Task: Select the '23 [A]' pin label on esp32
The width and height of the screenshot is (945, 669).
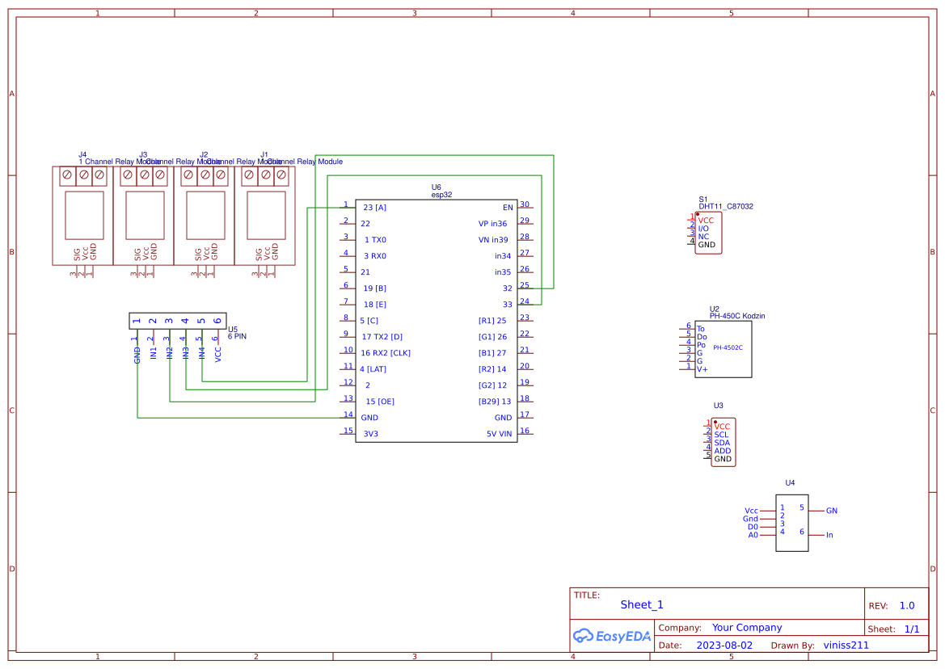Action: [x=374, y=208]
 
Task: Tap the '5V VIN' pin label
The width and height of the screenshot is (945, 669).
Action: [x=499, y=434]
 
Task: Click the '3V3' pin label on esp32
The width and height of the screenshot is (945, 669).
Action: [x=370, y=434]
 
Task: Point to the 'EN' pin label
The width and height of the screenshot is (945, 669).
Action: [x=508, y=208]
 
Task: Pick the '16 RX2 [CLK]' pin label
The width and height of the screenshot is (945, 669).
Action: [x=386, y=353]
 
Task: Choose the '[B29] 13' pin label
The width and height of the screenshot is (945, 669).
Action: [x=495, y=402]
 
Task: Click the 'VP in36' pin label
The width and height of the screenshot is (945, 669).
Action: [x=492, y=224]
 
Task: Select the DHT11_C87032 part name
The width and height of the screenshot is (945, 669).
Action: [x=726, y=207]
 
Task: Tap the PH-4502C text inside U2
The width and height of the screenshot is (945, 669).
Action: [x=728, y=347]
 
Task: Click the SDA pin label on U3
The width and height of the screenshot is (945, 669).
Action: [x=722, y=443]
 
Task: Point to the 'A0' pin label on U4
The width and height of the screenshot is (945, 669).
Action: [x=753, y=535]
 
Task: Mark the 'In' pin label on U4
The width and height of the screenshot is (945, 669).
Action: [x=829, y=535]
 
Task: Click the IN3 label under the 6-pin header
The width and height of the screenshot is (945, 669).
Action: [x=185, y=352]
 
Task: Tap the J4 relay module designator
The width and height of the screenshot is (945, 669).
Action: [x=82, y=154]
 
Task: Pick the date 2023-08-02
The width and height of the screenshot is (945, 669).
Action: [x=724, y=646]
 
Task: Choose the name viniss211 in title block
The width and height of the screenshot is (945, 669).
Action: [x=846, y=646]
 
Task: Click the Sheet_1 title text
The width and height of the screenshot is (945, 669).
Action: [x=642, y=604]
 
